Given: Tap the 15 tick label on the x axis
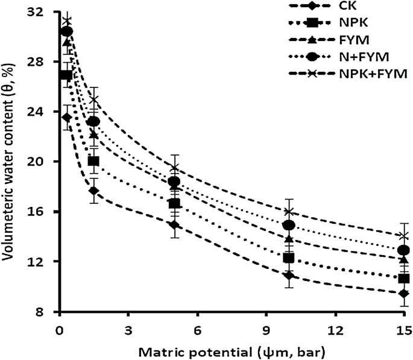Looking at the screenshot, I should pos(403,330).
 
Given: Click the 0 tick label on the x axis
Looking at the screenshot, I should pos(59,330).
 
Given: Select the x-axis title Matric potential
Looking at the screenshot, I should pos(231,350).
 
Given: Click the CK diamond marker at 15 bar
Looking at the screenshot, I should pos(403,293).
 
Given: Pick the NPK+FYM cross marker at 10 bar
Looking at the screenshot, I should pos(289,212).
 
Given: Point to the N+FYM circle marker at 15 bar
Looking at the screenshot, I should pos(403,250).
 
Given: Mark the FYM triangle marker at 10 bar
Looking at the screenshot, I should pos(289,239).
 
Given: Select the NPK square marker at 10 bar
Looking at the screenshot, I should pos(289,258).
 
